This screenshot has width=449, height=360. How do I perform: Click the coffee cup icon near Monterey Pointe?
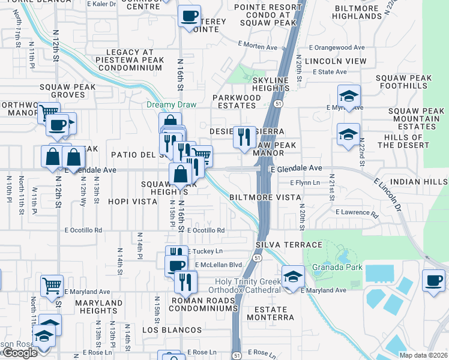190,16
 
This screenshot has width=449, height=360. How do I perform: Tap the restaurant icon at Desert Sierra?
243,138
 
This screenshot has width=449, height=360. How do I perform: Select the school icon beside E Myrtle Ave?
348,97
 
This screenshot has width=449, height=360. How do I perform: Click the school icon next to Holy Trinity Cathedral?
292,277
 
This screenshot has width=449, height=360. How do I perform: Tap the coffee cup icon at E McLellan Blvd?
176,265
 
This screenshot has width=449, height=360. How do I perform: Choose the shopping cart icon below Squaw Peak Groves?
48,112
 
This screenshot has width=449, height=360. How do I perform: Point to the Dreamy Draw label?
168,105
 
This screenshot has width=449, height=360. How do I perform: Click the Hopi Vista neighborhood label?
133,202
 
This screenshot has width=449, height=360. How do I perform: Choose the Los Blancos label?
172,330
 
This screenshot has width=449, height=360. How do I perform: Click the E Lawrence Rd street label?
357,212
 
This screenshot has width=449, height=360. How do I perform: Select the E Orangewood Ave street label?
337,47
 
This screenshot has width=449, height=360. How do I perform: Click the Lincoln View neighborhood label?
336,61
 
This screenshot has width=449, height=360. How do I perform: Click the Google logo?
20,353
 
